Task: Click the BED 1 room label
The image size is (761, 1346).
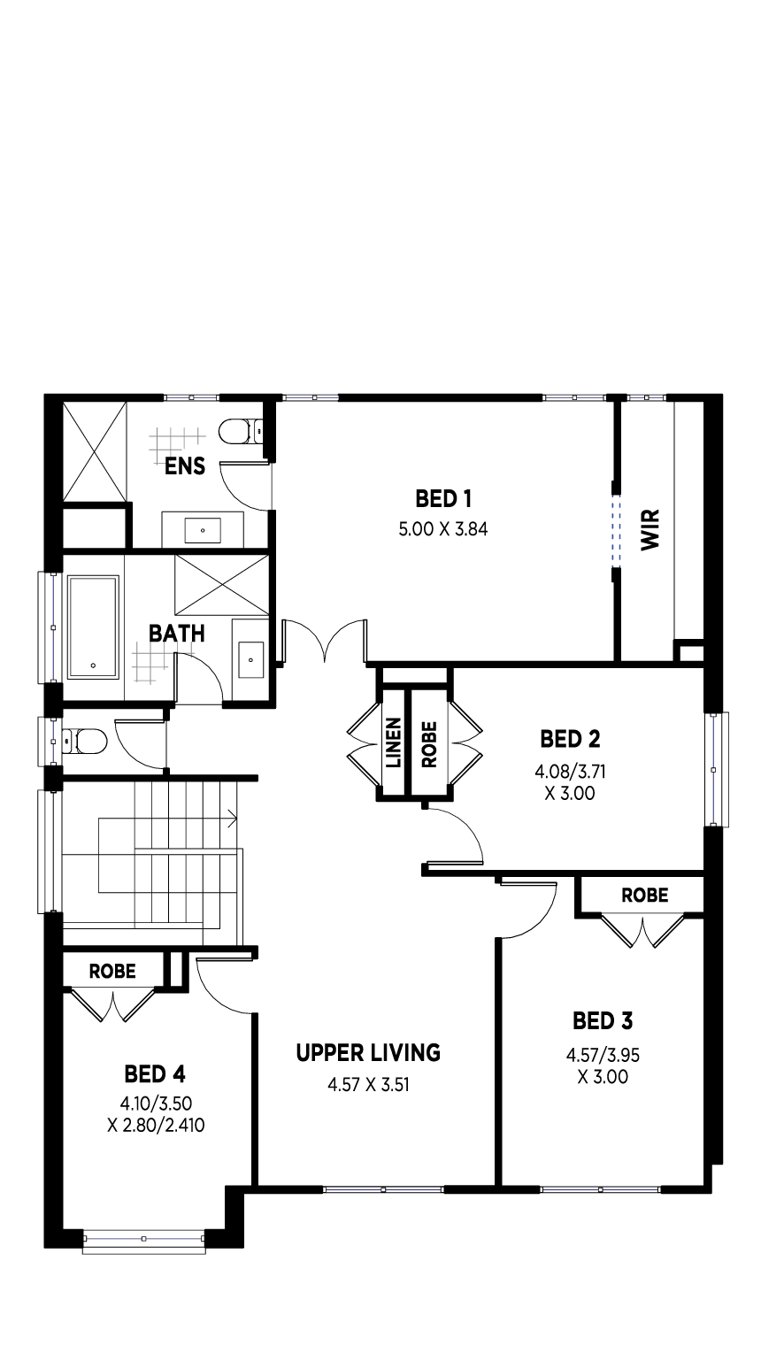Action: point(443,499)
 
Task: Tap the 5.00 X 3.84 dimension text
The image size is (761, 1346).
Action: point(442,529)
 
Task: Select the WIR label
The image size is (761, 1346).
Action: point(650,529)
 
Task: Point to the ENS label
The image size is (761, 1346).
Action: point(185,466)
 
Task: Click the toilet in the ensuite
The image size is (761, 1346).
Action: point(241,431)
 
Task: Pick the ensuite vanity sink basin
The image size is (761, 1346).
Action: point(203,531)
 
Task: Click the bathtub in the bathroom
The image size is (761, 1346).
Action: point(93,627)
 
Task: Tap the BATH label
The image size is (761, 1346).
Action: point(177,634)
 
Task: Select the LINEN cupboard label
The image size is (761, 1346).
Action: point(394,742)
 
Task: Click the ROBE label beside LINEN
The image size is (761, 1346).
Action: point(429,744)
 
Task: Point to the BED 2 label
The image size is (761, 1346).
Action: point(570,739)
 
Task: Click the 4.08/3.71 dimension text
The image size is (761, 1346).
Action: point(570,772)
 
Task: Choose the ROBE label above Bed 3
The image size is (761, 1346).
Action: point(644,896)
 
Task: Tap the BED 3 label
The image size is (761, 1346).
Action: point(603,1021)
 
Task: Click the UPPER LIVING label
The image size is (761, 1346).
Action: point(368,1053)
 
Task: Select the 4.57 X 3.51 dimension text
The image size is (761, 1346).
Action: point(368,1085)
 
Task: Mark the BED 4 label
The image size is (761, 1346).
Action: point(155,1073)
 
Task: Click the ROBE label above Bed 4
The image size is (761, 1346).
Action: point(112,971)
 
